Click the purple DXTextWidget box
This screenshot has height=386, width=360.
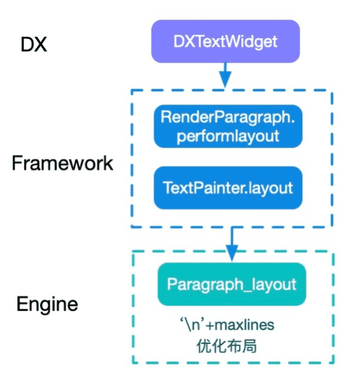coord(225,41)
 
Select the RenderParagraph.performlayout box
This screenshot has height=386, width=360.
coord(228,126)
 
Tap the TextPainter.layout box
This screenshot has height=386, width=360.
coord(228,188)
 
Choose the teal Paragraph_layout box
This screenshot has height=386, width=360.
coord(231,284)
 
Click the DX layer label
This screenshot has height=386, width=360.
coord(34,45)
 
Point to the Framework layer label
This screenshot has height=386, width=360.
coord(63,163)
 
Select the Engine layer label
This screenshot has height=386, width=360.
coord(47,304)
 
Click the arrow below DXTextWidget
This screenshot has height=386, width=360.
coord(225,75)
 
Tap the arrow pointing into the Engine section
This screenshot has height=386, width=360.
coord(231,244)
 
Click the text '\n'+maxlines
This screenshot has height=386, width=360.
coord(227,325)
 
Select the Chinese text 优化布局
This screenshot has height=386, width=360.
coord(227,346)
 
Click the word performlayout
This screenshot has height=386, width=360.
coord(227,136)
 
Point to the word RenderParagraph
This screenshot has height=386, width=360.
coord(226,118)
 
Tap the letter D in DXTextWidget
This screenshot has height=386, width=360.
coord(179,41)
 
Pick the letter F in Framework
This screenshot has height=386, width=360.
coord(16,163)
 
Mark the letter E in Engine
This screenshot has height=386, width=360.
coord(21,304)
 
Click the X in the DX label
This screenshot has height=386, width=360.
coord(40,45)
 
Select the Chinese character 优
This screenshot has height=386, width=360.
coord(204,346)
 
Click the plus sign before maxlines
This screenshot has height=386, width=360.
coord(210,325)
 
